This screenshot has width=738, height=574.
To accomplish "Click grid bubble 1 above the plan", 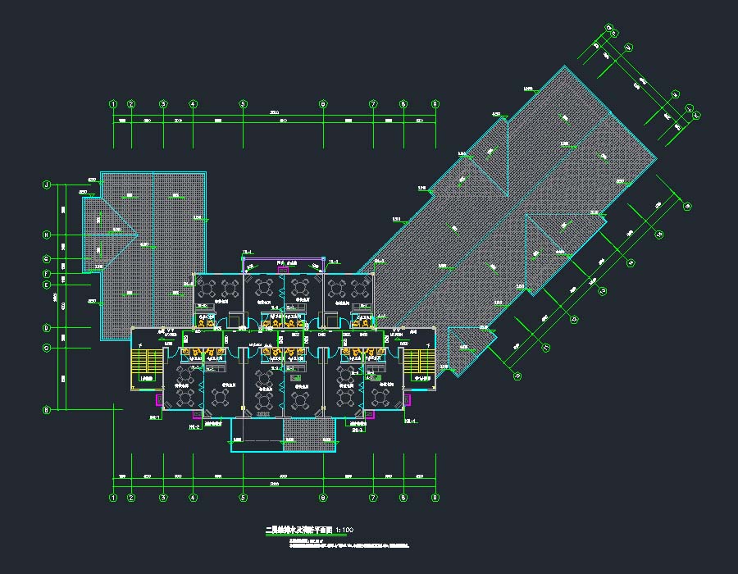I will (113, 104).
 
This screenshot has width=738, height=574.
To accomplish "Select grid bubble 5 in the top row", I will (243, 104).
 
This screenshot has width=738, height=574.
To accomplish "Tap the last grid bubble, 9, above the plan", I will (435, 104).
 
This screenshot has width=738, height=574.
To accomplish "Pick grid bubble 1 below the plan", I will (113, 497).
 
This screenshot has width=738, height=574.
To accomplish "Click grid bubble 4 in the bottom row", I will (194, 497).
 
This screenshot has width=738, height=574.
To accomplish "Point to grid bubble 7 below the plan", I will (373, 497).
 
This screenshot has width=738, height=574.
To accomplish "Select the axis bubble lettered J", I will (47, 184).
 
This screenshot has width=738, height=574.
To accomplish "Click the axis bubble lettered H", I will (47, 235).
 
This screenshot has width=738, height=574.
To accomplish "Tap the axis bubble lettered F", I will (47, 273).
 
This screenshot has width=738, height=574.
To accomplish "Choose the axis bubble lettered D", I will (47, 328).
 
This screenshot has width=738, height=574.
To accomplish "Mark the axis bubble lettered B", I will (47, 410).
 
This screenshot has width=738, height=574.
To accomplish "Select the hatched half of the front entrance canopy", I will (310, 435).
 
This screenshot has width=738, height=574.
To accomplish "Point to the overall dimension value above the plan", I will (274, 112).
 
